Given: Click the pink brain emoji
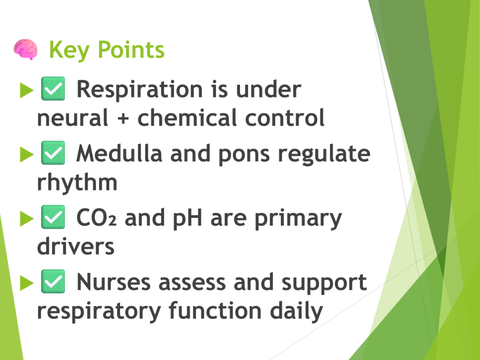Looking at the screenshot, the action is click(x=26, y=49).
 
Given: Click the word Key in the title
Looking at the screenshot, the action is click(x=69, y=50).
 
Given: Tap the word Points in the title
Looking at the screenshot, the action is click(x=131, y=49).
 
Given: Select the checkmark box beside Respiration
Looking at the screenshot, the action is click(x=53, y=89).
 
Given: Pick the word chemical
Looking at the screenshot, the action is click(x=187, y=117).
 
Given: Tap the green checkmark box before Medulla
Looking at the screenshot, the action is click(x=53, y=153).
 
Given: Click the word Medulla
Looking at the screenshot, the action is click(x=120, y=153).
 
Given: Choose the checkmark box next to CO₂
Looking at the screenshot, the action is click(x=53, y=217).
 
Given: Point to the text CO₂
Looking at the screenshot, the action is click(x=97, y=217).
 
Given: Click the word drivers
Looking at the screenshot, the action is click(x=75, y=246).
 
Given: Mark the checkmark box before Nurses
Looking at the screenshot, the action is click(x=53, y=281).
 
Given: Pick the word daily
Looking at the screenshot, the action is click(x=296, y=311).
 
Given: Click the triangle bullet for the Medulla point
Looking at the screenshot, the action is click(x=27, y=154).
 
